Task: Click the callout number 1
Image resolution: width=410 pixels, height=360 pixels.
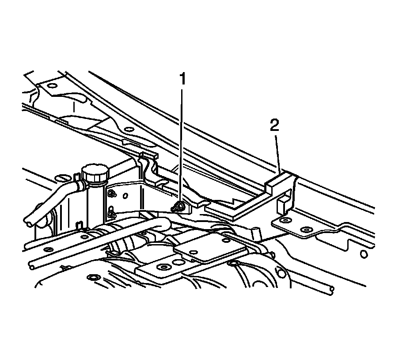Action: [182, 80]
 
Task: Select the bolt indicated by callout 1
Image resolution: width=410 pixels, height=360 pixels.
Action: [179, 206]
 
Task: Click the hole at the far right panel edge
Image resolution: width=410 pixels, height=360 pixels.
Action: [363, 254]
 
